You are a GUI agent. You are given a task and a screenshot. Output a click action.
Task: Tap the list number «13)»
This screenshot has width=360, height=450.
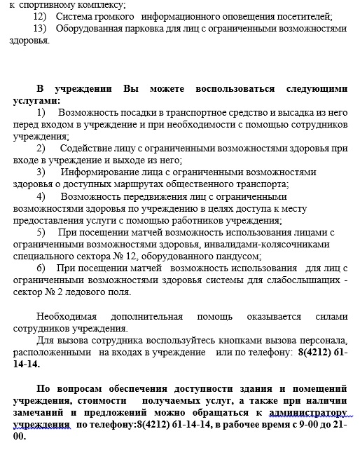[x=40, y=28]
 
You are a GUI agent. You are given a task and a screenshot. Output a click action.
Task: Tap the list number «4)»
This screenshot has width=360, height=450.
[x=41, y=196]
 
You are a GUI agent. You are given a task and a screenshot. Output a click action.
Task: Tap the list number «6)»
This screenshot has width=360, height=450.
[x=41, y=268]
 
